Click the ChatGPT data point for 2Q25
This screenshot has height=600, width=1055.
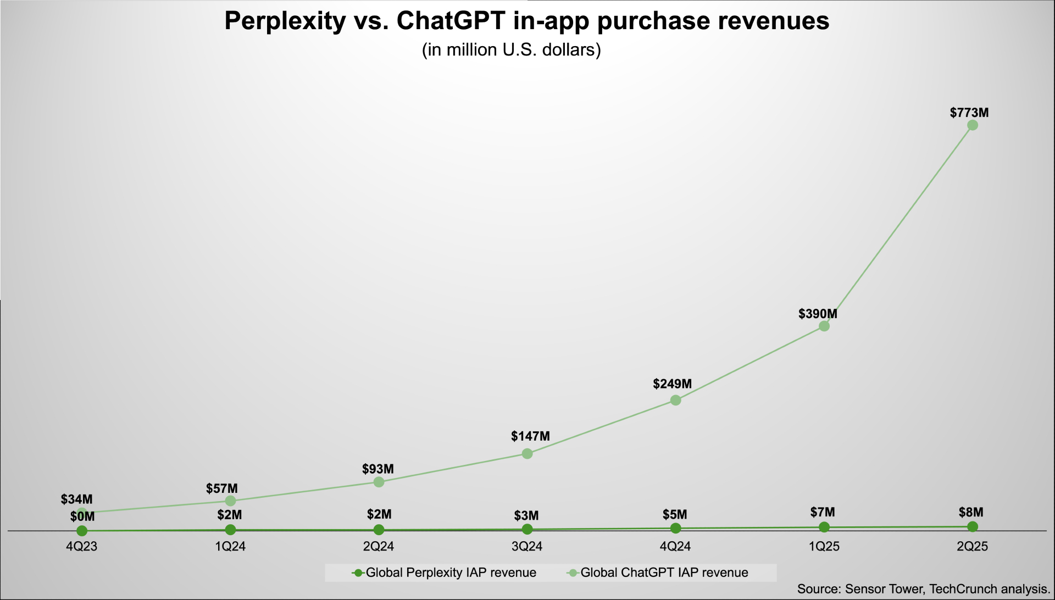pyautogui.click(x=972, y=125)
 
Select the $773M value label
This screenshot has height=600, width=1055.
pyautogui.click(x=969, y=113)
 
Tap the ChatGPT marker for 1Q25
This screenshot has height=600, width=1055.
pyautogui.click(x=824, y=326)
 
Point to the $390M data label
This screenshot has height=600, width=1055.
pyautogui.click(x=818, y=314)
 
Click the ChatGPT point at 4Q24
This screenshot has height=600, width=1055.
pyautogui.click(x=675, y=400)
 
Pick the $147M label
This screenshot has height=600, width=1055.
pyautogui.click(x=530, y=436)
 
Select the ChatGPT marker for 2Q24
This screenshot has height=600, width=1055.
pyautogui.click(x=379, y=482)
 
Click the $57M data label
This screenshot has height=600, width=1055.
pyautogui.click(x=221, y=488)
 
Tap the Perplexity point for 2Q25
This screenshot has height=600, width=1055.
pyautogui.click(x=972, y=527)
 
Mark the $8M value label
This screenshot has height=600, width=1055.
pyautogui.click(x=970, y=513)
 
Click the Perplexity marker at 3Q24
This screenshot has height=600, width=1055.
pyautogui.click(x=527, y=529)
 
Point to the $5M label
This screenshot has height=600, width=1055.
pyautogui.click(x=674, y=515)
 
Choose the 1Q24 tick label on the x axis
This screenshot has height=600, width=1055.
pyautogui.click(x=230, y=547)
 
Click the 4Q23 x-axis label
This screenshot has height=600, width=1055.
pyautogui.click(x=81, y=547)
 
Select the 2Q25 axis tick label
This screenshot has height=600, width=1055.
pyautogui.click(x=972, y=547)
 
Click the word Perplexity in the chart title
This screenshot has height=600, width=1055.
pyautogui.click(x=285, y=21)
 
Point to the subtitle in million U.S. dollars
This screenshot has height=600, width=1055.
pyautogui.click(x=511, y=50)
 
